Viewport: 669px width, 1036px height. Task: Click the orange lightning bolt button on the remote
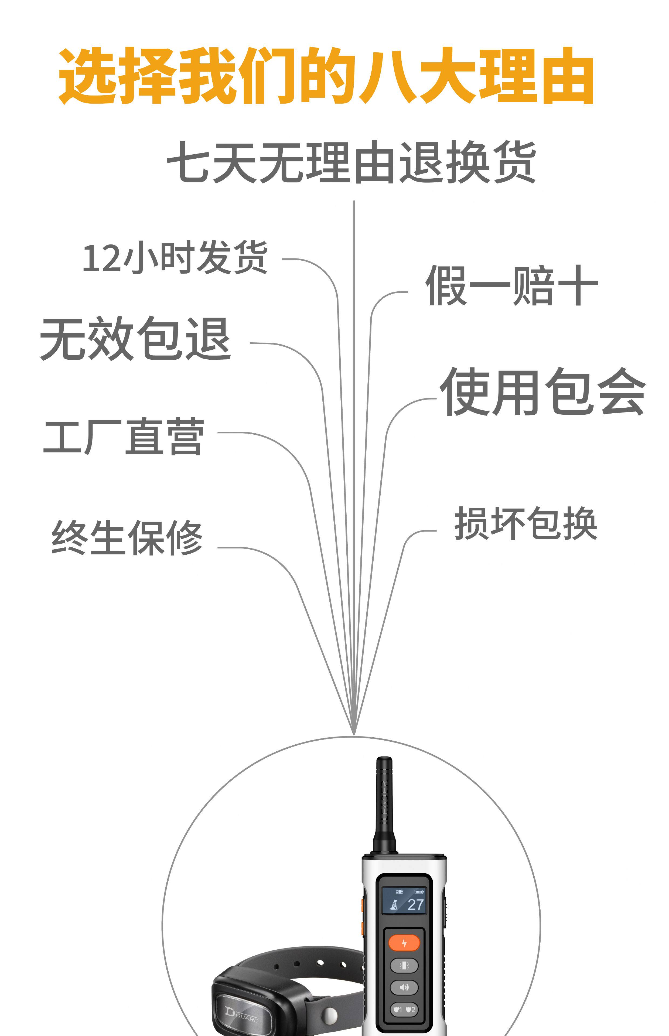(404, 943)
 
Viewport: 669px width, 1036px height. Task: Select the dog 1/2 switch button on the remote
(404, 1010)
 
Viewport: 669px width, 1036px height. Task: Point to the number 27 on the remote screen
(415, 904)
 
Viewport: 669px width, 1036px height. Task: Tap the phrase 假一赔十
(512, 286)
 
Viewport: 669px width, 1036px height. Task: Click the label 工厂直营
(124, 436)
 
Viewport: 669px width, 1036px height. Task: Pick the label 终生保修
(127, 537)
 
